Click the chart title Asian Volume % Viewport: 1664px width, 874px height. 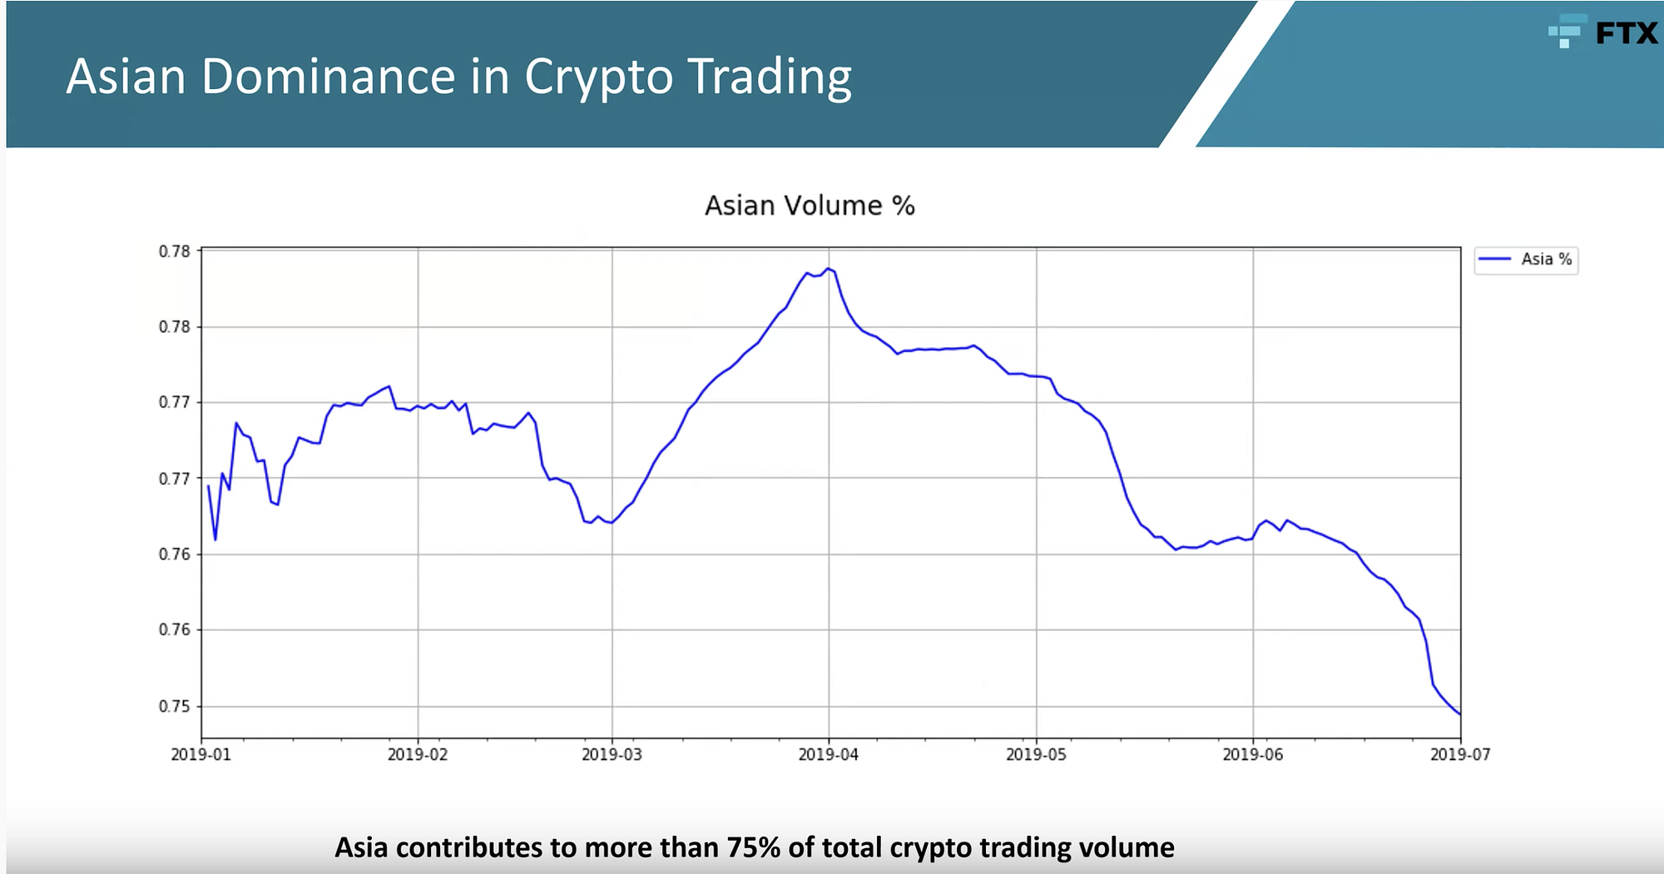coord(810,206)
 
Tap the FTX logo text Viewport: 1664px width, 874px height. coord(1626,33)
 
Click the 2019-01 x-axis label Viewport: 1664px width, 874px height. coord(201,755)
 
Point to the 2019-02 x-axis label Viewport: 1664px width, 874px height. coord(417,755)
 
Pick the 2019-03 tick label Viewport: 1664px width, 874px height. coord(612,755)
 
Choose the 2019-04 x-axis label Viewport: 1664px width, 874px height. coord(828,755)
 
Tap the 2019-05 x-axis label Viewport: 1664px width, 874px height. coord(1036,755)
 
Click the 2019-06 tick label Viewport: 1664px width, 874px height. coord(1252,755)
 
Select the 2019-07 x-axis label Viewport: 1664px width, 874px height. coord(1460,755)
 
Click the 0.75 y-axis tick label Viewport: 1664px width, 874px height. coord(175,707)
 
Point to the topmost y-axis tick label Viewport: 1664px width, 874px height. coord(175,251)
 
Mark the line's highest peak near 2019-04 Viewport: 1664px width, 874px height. coord(828,268)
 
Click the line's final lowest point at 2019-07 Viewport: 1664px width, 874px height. coord(1459,714)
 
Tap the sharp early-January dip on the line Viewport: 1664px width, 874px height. coord(215,539)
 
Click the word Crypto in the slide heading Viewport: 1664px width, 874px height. coord(598,77)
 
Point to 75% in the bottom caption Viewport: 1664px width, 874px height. coord(754,847)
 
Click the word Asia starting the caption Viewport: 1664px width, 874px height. coord(362,847)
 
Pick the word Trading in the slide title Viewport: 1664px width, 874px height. coord(770,77)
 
